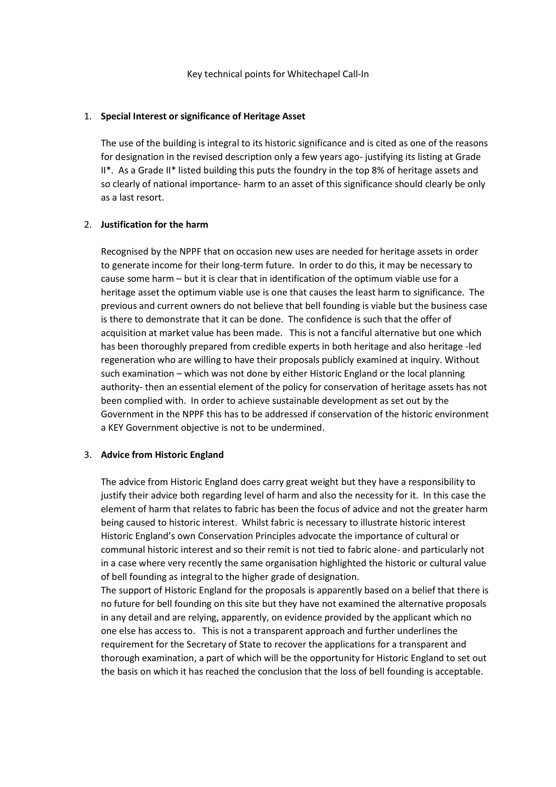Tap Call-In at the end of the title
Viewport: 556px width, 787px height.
coord(356,74)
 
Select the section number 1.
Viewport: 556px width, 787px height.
coord(88,116)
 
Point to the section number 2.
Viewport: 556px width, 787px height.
coord(88,225)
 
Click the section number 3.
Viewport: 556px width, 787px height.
coord(88,455)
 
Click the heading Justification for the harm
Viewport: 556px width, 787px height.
coord(154,225)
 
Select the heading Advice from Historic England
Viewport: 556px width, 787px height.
coord(162,455)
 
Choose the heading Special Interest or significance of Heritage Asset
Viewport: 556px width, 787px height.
coord(203,116)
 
